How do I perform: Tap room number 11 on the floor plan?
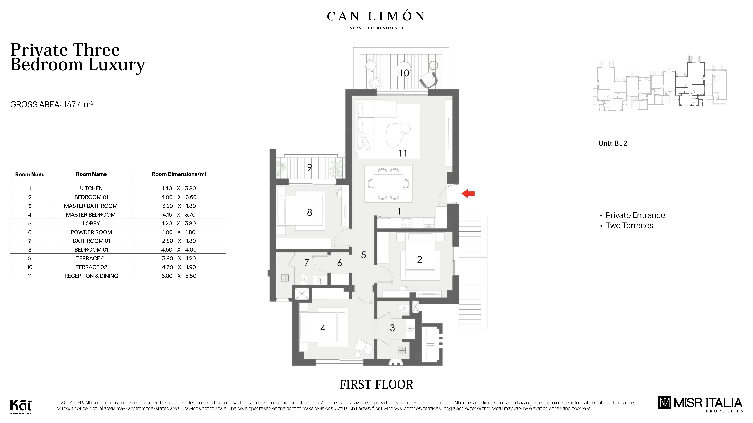click(x=403, y=153)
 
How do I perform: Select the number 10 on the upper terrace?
click(x=404, y=73)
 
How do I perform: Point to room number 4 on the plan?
click(x=323, y=328)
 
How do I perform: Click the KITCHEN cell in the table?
click(x=91, y=188)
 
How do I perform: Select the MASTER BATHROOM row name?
click(x=91, y=206)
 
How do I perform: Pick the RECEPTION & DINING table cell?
click(x=91, y=276)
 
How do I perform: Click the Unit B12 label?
click(x=613, y=143)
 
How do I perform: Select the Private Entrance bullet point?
click(x=635, y=215)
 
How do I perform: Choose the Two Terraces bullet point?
click(x=629, y=226)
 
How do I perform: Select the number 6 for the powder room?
click(x=339, y=263)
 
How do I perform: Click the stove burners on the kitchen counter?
click(x=407, y=223)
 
